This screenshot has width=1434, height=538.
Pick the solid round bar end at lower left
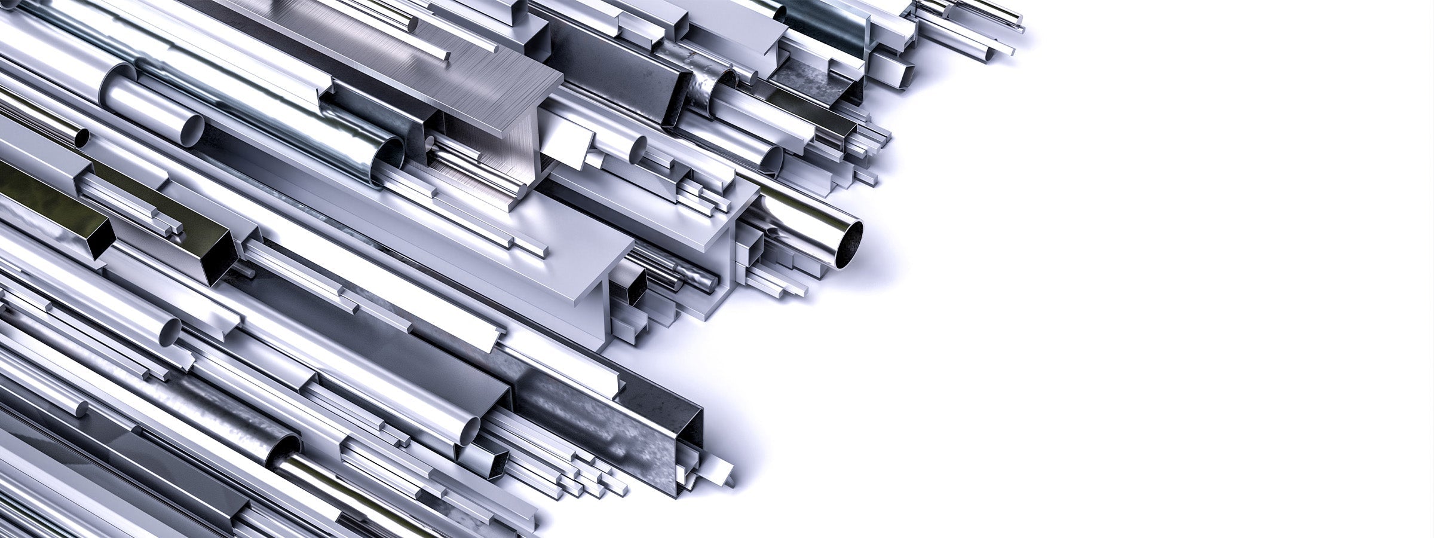pyautogui.click(x=81, y=409)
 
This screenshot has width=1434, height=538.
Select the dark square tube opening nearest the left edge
pyautogui.click(x=102, y=239)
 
